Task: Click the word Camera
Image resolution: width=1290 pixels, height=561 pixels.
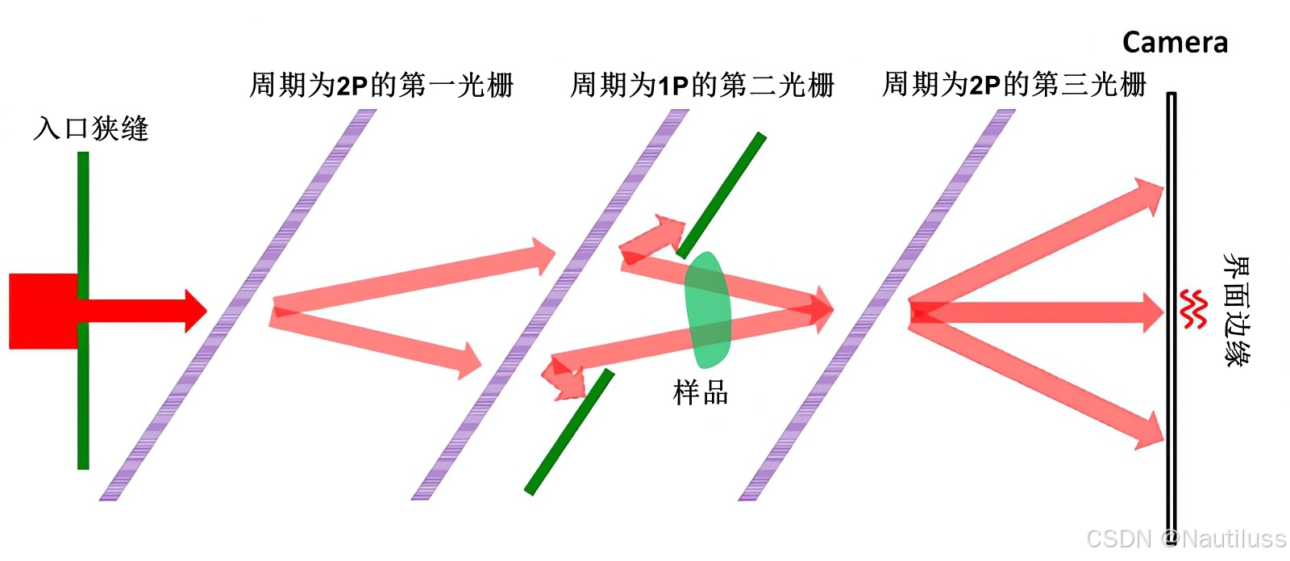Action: click(x=1175, y=42)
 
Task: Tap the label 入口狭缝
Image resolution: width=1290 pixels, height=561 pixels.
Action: click(x=91, y=128)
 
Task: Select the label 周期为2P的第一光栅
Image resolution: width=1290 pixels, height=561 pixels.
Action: click(x=381, y=85)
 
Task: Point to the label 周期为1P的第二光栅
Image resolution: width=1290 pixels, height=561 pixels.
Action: click(x=701, y=85)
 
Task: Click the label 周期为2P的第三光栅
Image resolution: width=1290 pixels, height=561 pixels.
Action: click(x=1013, y=84)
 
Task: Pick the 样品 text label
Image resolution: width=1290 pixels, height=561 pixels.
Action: click(x=701, y=393)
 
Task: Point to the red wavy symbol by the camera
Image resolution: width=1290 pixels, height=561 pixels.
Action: click(x=1192, y=310)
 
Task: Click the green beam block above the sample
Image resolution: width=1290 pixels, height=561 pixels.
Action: click(x=722, y=195)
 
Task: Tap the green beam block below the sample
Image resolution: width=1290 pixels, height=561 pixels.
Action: click(x=569, y=432)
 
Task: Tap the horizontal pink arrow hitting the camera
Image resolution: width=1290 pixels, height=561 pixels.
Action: click(x=1040, y=312)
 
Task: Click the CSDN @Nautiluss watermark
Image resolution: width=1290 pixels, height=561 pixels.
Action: click(x=1185, y=538)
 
